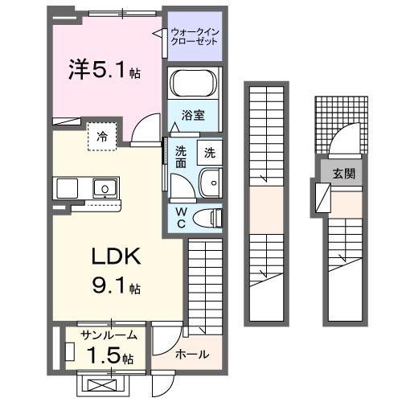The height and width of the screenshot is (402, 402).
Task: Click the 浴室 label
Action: point(193,115)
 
